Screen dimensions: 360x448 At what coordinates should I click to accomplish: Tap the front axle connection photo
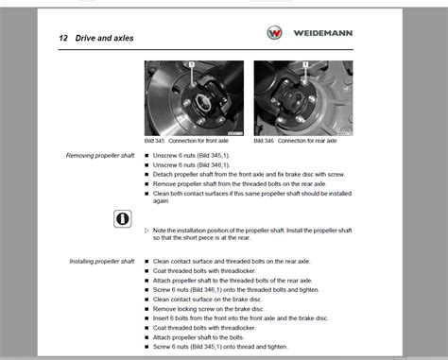[193, 97]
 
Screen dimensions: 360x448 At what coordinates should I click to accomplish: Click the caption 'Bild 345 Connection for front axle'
[190, 140]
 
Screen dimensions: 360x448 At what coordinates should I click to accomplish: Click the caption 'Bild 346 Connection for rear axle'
[298, 140]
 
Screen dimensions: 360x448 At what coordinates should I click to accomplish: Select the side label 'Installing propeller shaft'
[101, 261]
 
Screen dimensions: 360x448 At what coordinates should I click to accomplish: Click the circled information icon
[121, 218]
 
